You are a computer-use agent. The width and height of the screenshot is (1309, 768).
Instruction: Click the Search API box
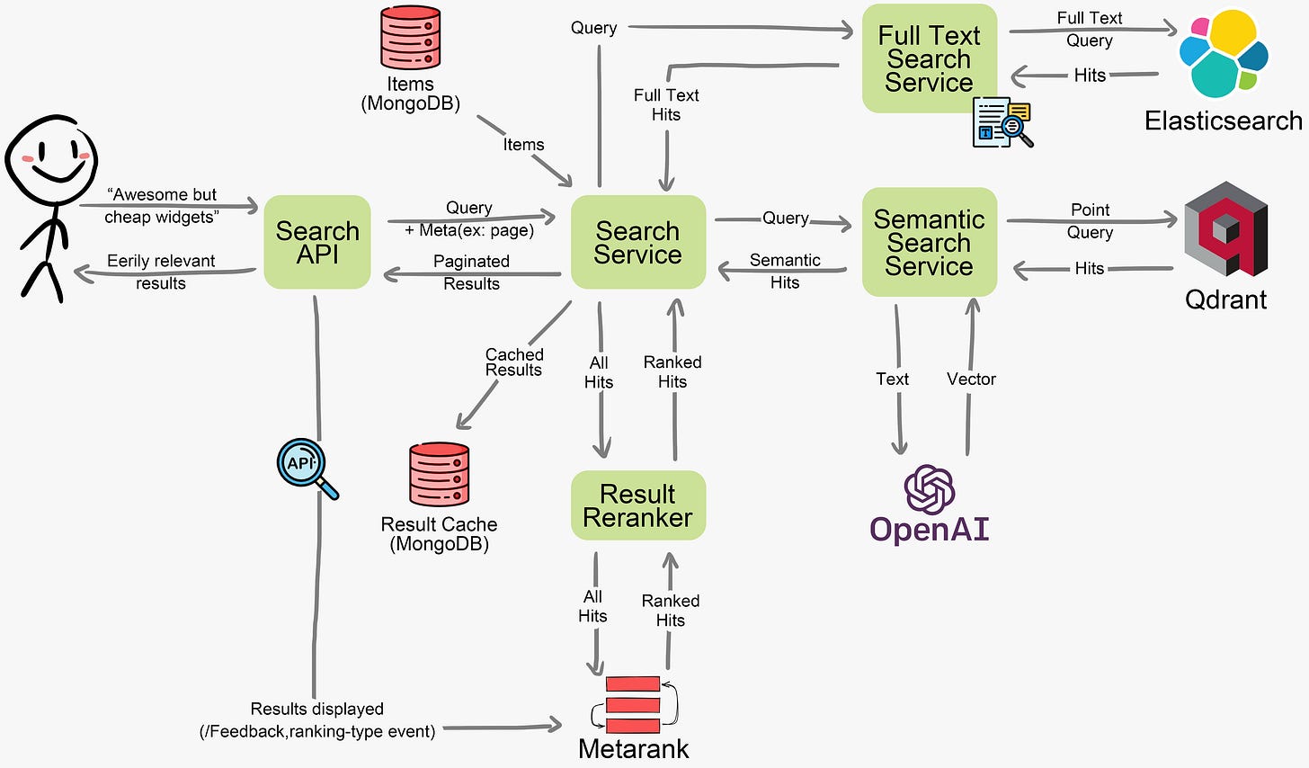pyautogui.click(x=317, y=242)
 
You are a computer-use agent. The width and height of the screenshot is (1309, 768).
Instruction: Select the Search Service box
pyautogui.click(x=637, y=242)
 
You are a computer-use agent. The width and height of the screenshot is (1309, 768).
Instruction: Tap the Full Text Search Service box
pyautogui.click(x=929, y=58)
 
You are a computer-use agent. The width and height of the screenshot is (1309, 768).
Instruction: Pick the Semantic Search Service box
pyautogui.click(x=929, y=242)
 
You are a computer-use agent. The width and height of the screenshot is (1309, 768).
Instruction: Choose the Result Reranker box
pyautogui.click(x=637, y=505)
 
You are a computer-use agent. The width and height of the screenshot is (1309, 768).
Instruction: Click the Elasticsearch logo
pyautogui.click(x=1223, y=54)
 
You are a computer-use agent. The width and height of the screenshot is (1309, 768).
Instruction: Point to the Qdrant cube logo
pyautogui.click(x=1225, y=228)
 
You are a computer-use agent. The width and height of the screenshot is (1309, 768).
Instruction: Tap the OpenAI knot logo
pyautogui.click(x=929, y=489)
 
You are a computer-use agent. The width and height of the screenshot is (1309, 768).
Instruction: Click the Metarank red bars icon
pyautogui.click(x=633, y=704)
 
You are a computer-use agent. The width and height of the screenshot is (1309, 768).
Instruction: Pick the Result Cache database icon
pyautogui.click(x=439, y=474)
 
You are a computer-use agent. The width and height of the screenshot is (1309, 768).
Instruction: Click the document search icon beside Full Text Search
pyautogui.click(x=1002, y=122)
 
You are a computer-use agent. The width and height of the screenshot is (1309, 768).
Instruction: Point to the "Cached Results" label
pyautogui.click(x=514, y=362)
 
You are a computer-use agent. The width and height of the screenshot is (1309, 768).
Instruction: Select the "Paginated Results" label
pyautogui.click(x=471, y=272)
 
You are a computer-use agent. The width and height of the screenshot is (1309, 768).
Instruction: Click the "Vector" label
pyautogui.click(x=971, y=379)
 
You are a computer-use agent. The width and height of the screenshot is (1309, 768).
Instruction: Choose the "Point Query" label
pyautogui.click(x=1090, y=221)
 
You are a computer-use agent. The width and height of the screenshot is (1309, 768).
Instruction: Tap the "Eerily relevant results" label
pyautogui.click(x=161, y=272)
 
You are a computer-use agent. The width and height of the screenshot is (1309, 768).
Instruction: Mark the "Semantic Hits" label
pyautogui.click(x=785, y=271)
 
